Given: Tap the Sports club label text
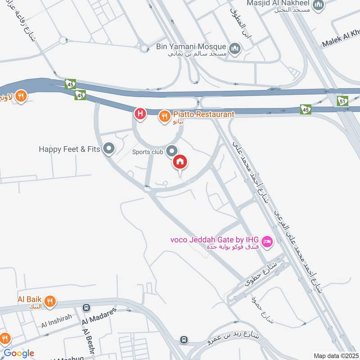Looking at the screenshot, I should click(147, 152).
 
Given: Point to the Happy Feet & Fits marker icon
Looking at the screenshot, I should click(108, 148).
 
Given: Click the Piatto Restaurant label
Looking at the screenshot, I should click(202, 114).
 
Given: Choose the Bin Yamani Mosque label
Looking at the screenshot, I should click(190, 46).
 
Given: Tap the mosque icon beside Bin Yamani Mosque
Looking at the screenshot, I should click(234, 48).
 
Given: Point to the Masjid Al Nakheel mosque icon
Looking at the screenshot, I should click(319, 5).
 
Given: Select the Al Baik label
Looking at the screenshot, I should click(30, 299).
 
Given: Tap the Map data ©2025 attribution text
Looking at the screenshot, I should click(335, 355).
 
